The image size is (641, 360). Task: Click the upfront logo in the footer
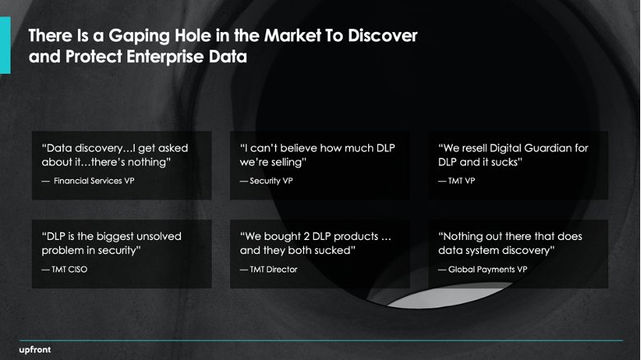tap(35, 350)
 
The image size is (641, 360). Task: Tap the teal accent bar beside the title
tap(5, 45)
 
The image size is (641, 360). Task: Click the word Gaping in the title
tap(139, 36)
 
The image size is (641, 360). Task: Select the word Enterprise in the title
tap(164, 57)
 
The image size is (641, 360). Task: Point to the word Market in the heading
tap(293, 35)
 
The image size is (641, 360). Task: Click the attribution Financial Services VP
tap(94, 181)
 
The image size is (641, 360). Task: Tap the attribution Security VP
tap(271, 181)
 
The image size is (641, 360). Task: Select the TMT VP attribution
tap(462, 181)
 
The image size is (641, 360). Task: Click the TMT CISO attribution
tap(70, 270)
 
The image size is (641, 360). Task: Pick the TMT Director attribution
tap(274, 270)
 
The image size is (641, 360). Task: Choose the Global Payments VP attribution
tap(487, 270)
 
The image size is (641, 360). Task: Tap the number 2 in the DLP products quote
tap(307, 237)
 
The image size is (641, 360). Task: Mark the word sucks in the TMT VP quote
tap(505, 163)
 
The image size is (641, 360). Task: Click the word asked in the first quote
tap(173, 148)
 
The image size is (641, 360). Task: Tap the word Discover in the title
tap(383, 35)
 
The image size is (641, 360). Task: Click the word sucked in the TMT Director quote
tap(333, 251)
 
